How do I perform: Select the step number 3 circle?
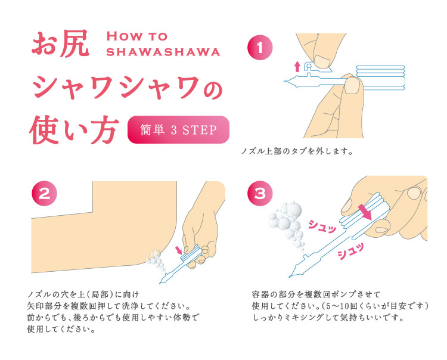pos(260,194)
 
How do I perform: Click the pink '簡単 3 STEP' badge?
pos(178,130)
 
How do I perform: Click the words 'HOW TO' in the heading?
pos(136,37)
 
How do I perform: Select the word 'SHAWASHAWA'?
pos(163,52)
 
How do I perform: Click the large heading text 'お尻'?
pos(61,45)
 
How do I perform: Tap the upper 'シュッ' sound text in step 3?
pos(321,225)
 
